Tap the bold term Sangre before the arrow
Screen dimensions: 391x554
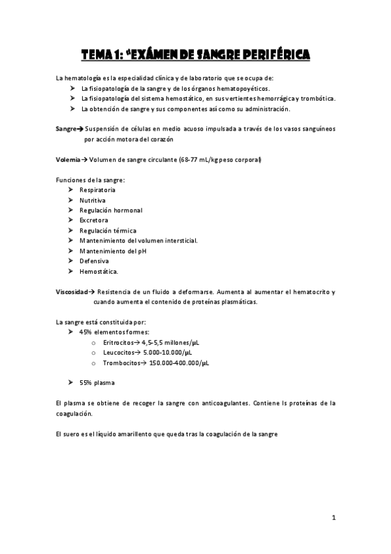tap(67, 129)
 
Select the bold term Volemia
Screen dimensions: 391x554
tap(69, 159)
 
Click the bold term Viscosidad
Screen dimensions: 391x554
tap(72, 291)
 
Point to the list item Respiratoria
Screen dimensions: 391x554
tap(97, 189)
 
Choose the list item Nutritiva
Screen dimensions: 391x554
tap(93, 200)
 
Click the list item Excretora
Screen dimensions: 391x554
tap(94, 220)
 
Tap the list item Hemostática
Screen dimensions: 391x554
tap(99, 271)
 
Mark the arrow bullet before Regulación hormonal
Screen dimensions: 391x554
tap(71, 210)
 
